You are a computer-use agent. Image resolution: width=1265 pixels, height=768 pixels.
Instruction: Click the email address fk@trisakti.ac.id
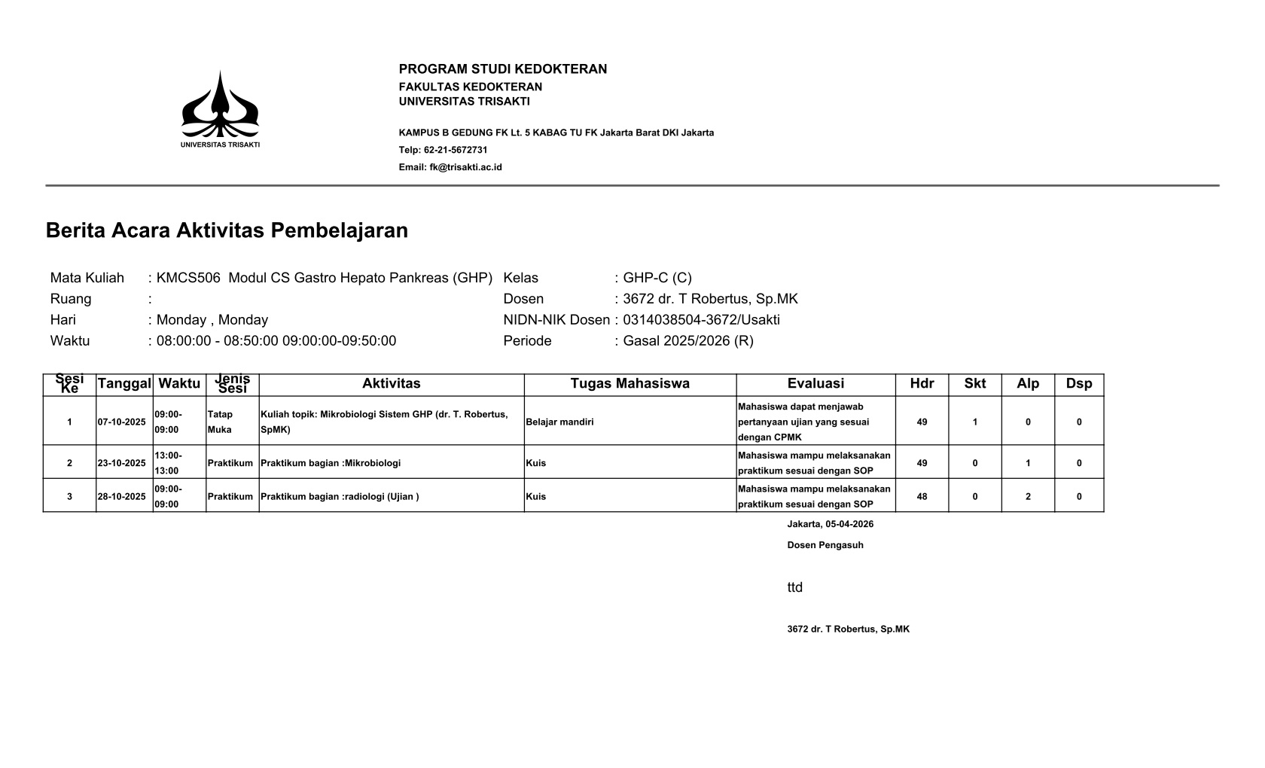click(x=465, y=167)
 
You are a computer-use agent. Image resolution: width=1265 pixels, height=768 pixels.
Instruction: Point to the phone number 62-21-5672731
click(x=456, y=150)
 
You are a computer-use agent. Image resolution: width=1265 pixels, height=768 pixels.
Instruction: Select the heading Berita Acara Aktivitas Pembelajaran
click(x=227, y=230)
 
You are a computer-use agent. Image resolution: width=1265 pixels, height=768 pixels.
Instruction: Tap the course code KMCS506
click(x=188, y=278)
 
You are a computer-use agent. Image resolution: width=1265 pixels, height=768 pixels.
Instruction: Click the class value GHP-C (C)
click(x=657, y=278)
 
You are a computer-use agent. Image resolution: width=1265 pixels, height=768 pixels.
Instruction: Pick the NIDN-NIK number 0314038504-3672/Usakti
click(x=701, y=320)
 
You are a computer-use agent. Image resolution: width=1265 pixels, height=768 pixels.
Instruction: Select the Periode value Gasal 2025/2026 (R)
click(x=687, y=341)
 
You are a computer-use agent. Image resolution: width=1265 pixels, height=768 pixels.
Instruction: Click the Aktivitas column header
click(x=391, y=384)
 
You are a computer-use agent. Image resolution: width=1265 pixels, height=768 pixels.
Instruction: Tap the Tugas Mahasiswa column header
click(x=629, y=384)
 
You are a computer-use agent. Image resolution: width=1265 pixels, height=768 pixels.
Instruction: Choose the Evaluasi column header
click(x=815, y=384)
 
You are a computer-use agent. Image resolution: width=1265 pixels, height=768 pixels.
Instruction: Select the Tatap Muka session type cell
click(x=220, y=422)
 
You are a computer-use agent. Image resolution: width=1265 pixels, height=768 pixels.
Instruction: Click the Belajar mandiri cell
click(x=559, y=422)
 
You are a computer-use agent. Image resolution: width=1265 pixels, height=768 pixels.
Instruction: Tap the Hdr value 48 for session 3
click(x=922, y=497)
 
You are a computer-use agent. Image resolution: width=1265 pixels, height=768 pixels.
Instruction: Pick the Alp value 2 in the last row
click(x=1028, y=497)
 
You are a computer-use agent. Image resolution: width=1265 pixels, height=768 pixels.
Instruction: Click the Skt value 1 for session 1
click(x=975, y=422)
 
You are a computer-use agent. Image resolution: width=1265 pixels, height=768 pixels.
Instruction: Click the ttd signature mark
click(x=795, y=588)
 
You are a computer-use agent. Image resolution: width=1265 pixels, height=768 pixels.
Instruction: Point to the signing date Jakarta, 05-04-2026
click(x=831, y=524)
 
